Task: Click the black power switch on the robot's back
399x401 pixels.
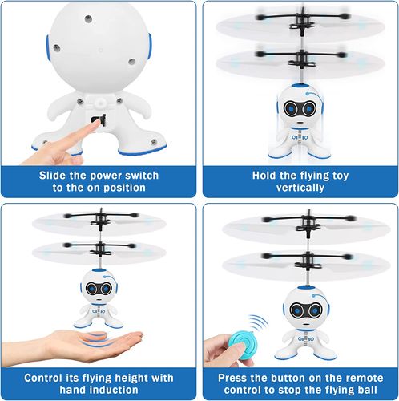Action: [x=99, y=120]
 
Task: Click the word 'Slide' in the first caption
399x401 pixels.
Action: [x=52, y=176]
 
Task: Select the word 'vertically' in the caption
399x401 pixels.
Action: [x=300, y=188]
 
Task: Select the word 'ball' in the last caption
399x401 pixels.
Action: [x=368, y=390]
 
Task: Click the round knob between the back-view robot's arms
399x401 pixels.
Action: [x=100, y=103]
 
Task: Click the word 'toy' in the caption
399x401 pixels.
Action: [x=341, y=176]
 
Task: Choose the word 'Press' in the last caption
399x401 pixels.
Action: [x=232, y=378]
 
